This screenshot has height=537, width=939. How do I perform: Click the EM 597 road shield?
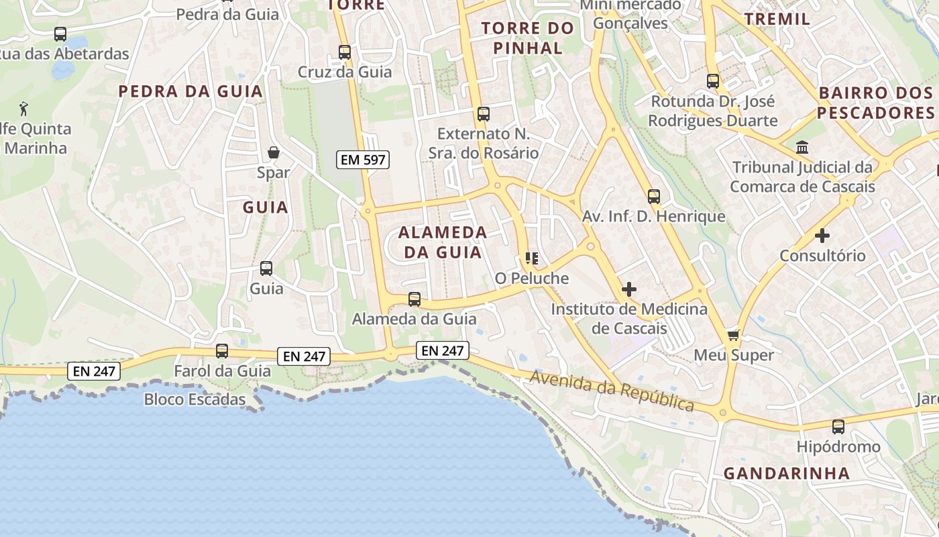(363, 160)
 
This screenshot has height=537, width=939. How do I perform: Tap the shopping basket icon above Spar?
(274, 152)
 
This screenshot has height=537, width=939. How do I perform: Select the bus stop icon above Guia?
(266, 268)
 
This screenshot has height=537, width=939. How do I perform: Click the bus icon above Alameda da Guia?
(415, 299)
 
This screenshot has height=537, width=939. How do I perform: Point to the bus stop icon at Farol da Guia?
(222, 350)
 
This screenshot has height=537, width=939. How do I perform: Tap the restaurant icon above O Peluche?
(532, 258)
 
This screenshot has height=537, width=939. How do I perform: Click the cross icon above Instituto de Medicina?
(629, 289)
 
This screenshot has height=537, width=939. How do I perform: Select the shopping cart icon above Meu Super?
(734, 334)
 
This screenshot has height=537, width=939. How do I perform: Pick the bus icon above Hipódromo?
(838, 426)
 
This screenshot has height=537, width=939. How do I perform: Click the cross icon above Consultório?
(822, 236)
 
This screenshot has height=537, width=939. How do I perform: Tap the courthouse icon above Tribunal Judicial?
(802, 147)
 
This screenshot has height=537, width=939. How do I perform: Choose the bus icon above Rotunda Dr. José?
(713, 81)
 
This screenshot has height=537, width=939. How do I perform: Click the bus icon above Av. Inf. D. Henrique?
(654, 197)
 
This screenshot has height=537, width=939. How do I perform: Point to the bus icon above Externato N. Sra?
(484, 114)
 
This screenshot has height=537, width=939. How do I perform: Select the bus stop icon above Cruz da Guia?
(345, 52)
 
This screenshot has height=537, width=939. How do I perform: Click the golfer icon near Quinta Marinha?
(24, 108)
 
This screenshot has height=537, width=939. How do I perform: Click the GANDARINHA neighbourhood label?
(786, 473)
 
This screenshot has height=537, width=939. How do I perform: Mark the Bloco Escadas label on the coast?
(195, 399)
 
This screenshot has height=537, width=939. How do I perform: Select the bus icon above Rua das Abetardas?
(60, 34)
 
